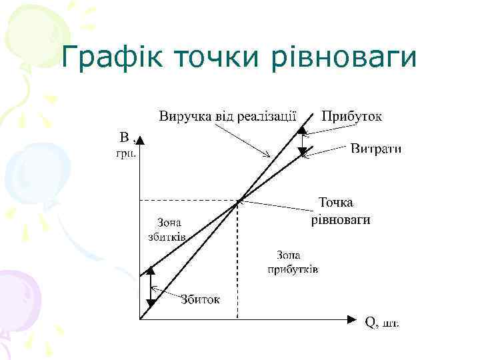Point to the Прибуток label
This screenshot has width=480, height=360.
click(352, 115)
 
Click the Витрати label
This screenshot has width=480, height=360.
click(376, 148)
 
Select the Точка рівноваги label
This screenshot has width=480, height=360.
click(340, 211)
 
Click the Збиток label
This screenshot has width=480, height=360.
click(200, 299)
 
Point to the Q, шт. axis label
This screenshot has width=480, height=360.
click(382, 323)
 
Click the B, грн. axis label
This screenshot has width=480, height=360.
click(127, 146)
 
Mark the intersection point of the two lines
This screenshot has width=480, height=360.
click(239, 200)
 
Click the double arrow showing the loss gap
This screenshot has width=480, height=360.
click(151, 287)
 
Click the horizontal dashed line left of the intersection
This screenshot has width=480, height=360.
click(187, 200)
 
